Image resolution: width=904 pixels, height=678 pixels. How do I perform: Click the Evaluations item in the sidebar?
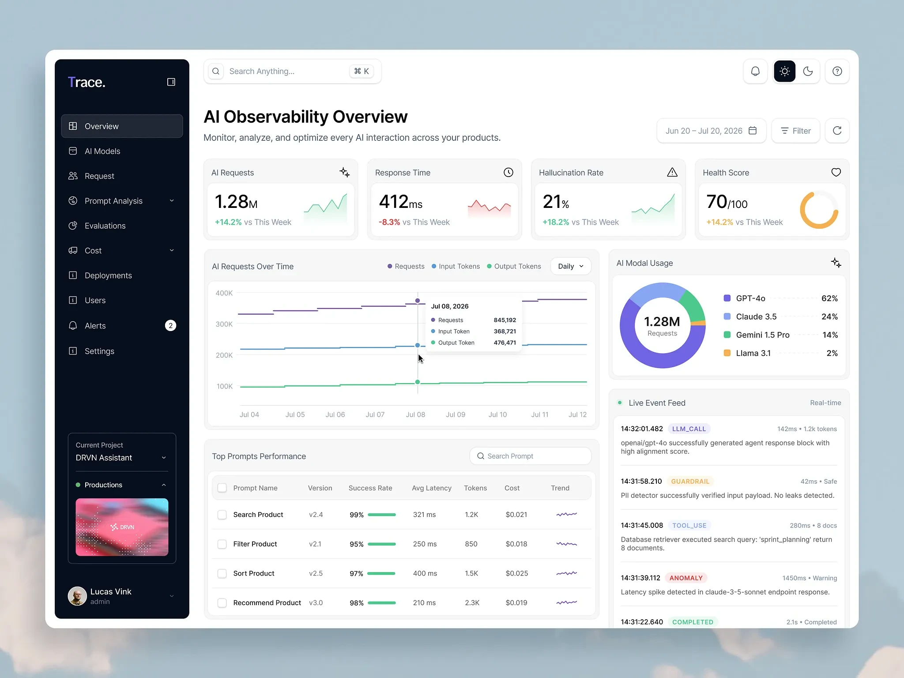tap(105, 226)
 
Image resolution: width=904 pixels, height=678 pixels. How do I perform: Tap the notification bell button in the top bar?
tap(755, 71)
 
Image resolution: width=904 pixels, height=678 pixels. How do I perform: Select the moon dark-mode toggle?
tap(808, 71)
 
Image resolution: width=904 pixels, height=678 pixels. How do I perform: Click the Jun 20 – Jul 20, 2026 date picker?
tap(711, 131)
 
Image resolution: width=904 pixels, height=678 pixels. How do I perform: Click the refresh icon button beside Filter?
tap(837, 131)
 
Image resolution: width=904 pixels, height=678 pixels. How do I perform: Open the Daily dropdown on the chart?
tap(571, 266)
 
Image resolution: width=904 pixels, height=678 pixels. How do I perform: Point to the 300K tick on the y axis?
tap(224, 324)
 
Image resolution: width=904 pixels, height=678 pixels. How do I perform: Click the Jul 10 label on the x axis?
tap(497, 414)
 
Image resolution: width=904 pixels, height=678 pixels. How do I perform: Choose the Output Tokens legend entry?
tap(514, 266)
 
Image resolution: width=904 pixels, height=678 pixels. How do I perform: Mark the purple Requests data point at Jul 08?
tap(418, 301)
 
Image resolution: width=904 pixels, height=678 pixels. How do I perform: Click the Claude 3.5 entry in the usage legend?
tap(756, 316)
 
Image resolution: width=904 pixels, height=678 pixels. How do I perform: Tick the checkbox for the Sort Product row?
tap(222, 573)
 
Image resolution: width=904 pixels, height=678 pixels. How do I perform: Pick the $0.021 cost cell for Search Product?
tap(516, 515)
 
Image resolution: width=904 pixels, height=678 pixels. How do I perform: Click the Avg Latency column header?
tap(432, 488)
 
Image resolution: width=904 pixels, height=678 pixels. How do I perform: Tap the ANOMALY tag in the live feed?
tap(686, 578)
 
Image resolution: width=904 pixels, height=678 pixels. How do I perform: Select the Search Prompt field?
tap(530, 456)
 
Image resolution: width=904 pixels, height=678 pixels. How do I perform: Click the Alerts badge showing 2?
tap(170, 326)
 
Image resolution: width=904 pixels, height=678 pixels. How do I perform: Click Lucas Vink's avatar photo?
tap(77, 596)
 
